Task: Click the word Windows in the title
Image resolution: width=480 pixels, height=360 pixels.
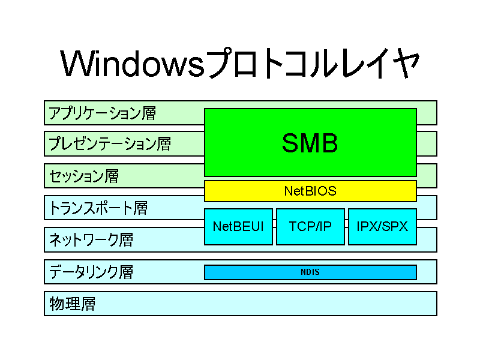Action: (132, 64)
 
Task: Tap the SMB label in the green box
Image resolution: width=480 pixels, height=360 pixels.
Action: (310, 143)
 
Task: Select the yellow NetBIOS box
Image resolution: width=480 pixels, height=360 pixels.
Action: (310, 191)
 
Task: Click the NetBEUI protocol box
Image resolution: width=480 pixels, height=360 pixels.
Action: (238, 227)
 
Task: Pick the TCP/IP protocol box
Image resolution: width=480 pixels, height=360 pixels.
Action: (310, 227)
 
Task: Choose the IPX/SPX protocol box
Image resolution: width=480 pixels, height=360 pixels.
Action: (382, 227)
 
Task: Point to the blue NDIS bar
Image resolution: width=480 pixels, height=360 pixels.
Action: (310, 272)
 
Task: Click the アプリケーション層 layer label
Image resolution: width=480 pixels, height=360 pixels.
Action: (102, 113)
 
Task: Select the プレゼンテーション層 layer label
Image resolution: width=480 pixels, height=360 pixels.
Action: (110, 144)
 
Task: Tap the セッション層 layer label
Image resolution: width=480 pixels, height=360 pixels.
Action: (84, 176)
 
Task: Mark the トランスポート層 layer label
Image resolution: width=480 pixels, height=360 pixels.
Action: (98, 208)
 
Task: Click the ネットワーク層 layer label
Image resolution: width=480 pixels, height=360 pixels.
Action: (91, 239)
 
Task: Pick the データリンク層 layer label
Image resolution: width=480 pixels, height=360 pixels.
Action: (91, 272)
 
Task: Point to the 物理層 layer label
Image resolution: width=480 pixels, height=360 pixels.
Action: (72, 304)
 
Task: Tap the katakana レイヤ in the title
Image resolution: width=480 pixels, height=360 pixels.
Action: (380, 63)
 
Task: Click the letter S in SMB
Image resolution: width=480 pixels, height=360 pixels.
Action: (290, 143)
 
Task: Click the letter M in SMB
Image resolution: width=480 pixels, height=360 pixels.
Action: (310, 143)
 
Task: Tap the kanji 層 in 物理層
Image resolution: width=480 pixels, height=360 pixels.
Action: (88, 304)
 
